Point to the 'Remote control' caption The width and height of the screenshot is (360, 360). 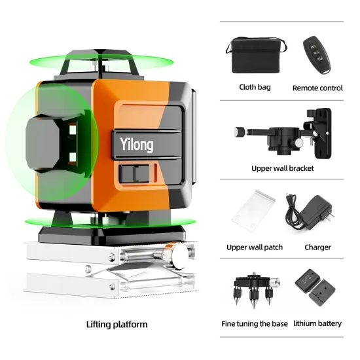pos(317,88)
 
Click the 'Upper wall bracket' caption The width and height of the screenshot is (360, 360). pos(283,168)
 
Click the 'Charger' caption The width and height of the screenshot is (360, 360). pos(317,247)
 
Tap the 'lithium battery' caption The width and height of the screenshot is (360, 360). pos(317,323)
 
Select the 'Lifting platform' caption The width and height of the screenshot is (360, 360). pos(117,324)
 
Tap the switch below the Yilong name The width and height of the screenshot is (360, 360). pos(137,175)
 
